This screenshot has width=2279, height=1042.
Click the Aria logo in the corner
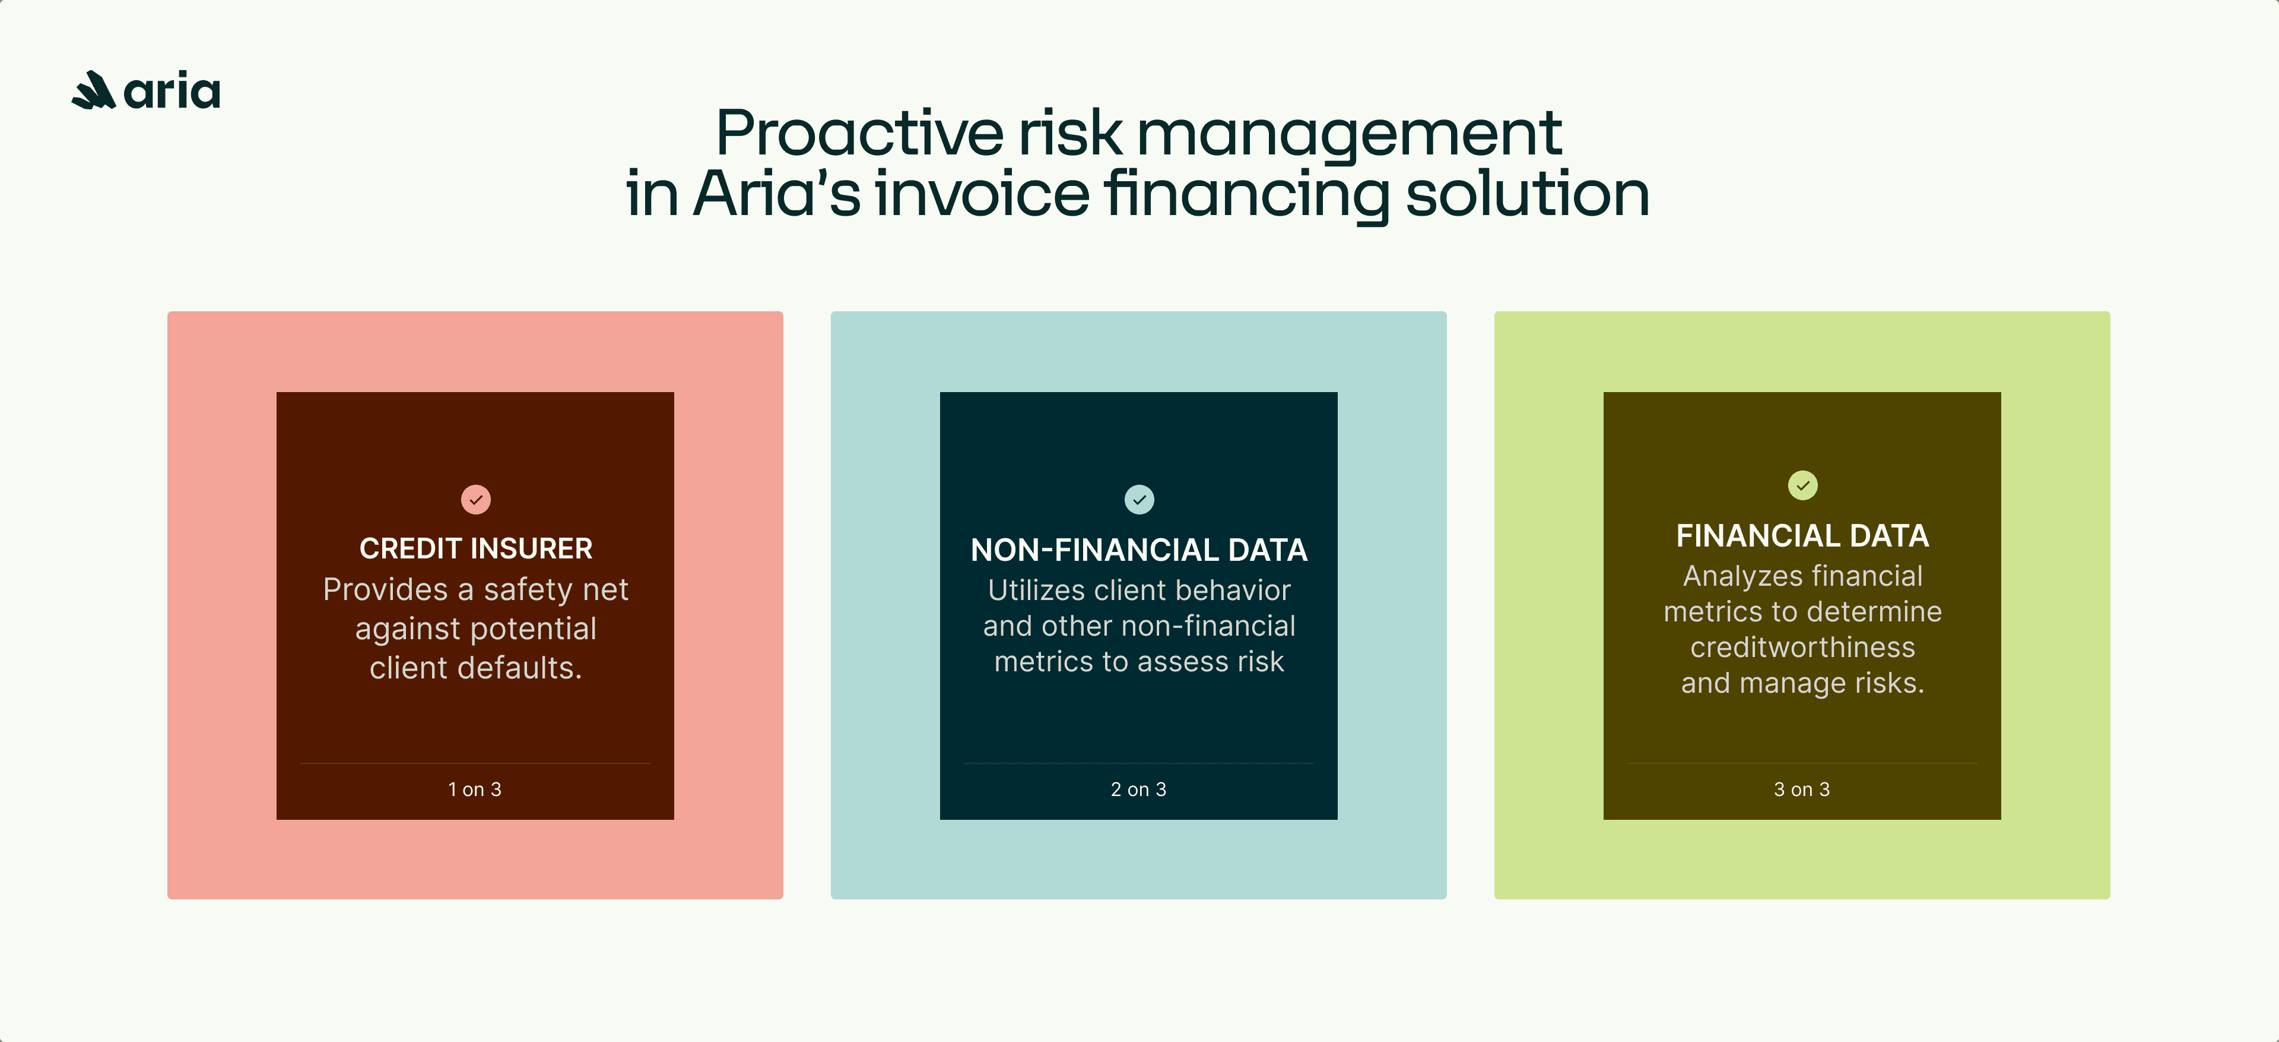[x=146, y=90]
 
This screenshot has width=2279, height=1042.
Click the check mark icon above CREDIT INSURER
[x=476, y=499]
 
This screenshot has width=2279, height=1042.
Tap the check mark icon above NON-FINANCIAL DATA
[x=1139, y=499]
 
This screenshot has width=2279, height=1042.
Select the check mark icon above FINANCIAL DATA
[x=1802, y=485]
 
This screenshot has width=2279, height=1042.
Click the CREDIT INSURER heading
[x=476, y=549]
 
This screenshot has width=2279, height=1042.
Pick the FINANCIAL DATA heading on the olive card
[x=1802, y=536]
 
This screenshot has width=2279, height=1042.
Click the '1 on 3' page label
[x=475, y=789]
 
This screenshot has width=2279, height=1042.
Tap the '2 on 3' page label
[x=1139, y=789]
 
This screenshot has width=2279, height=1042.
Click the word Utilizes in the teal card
[x=1036, y=591]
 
